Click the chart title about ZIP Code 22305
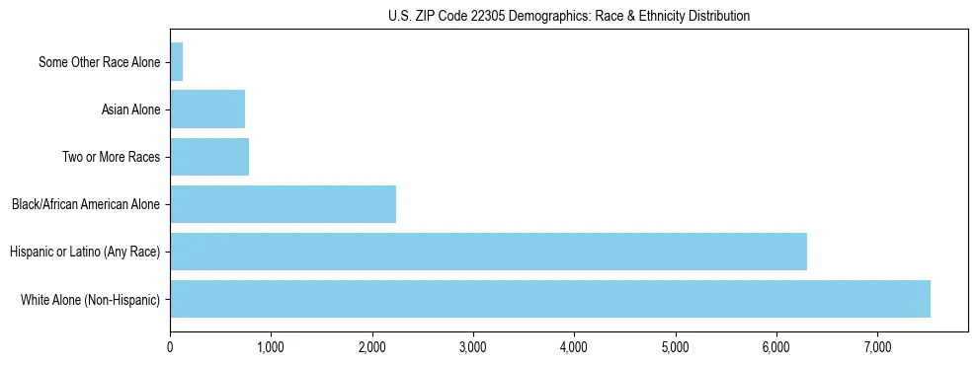tap(568, 16)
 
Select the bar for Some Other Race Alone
tap(177, 62)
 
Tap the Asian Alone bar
tap(207, 109)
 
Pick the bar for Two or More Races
tap(209, 157)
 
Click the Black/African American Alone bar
tap(283, 204)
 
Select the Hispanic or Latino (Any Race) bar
tap(488, 252)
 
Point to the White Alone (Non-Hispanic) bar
tap(550, 299)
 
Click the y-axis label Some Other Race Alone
tap(99, 63)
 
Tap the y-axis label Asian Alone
tap(130, 110)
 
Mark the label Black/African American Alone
tap(86, 205)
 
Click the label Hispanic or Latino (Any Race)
tap(85, 253)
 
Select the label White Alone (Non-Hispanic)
tap(90, 300)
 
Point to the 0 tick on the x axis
tap(170, 347)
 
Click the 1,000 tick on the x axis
tap(271, 347)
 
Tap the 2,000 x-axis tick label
tap(372, 347)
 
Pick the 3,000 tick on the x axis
tap(473, 347)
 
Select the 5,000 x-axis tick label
tap(676, 347)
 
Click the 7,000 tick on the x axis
tap(877, 347)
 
